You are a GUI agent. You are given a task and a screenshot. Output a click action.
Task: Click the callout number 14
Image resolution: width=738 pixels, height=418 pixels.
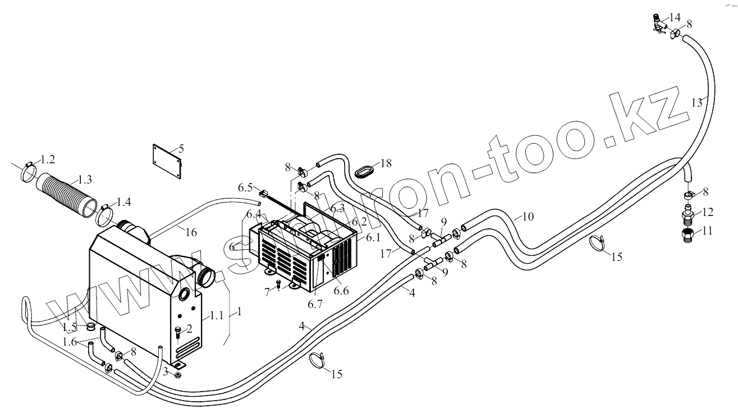click(x=674, y=16)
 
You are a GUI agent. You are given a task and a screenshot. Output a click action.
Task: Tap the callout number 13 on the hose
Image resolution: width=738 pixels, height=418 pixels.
click(x=696, y=103)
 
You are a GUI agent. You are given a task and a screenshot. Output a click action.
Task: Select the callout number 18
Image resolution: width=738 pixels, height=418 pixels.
click(x=386, y=163)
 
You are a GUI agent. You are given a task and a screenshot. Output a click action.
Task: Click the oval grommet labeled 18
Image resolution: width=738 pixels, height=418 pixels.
click(x=365, y=171)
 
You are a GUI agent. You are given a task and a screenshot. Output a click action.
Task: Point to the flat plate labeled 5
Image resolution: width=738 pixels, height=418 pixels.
click(x=168, y=161)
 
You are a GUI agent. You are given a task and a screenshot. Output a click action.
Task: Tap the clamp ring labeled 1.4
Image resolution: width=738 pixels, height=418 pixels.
click(x=105, y=214)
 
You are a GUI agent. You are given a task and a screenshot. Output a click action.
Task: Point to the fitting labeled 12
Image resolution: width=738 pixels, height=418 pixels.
click(x=687, y=213)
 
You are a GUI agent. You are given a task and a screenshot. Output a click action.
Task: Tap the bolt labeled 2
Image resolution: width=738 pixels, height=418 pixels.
click(x=178, y=332)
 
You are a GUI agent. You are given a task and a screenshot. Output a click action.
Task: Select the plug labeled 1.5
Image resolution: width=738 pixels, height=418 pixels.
click(x=89, y=327)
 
